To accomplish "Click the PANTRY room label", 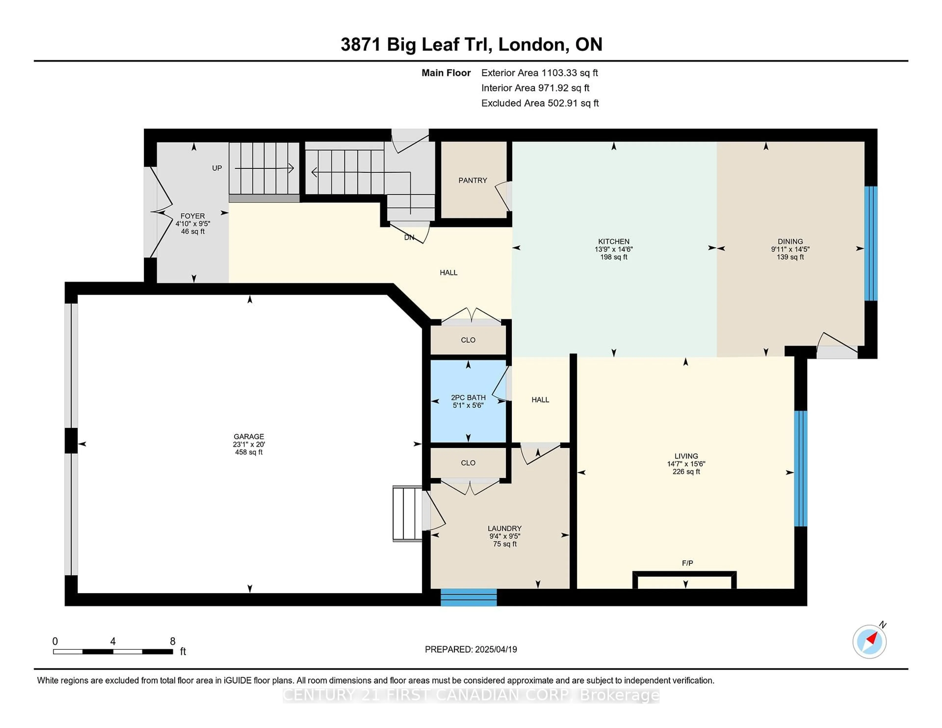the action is click(x=473, y=180).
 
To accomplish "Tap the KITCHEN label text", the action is click(x=613, y=242).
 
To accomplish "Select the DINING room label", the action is click(x=790, y=242).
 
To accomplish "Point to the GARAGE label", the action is click(x=249, y=436).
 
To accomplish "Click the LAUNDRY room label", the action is click(x=505, y=528).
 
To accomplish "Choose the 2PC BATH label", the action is click(x=468, y=398).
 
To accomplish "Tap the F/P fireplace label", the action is click(x=688, y=563).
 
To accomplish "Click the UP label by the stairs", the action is click(x=217, y=168).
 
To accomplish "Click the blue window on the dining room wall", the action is click(x=871, y=243).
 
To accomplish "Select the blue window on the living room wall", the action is click(x=800, y=468).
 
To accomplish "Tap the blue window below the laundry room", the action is click(x=468, y=597).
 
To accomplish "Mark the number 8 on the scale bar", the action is click(x=172, y=641).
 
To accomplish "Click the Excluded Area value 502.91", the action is click(x=563, y=103).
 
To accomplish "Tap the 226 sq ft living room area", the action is click(x=686, y=472).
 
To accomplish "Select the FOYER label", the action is click(x=193, y=216).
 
